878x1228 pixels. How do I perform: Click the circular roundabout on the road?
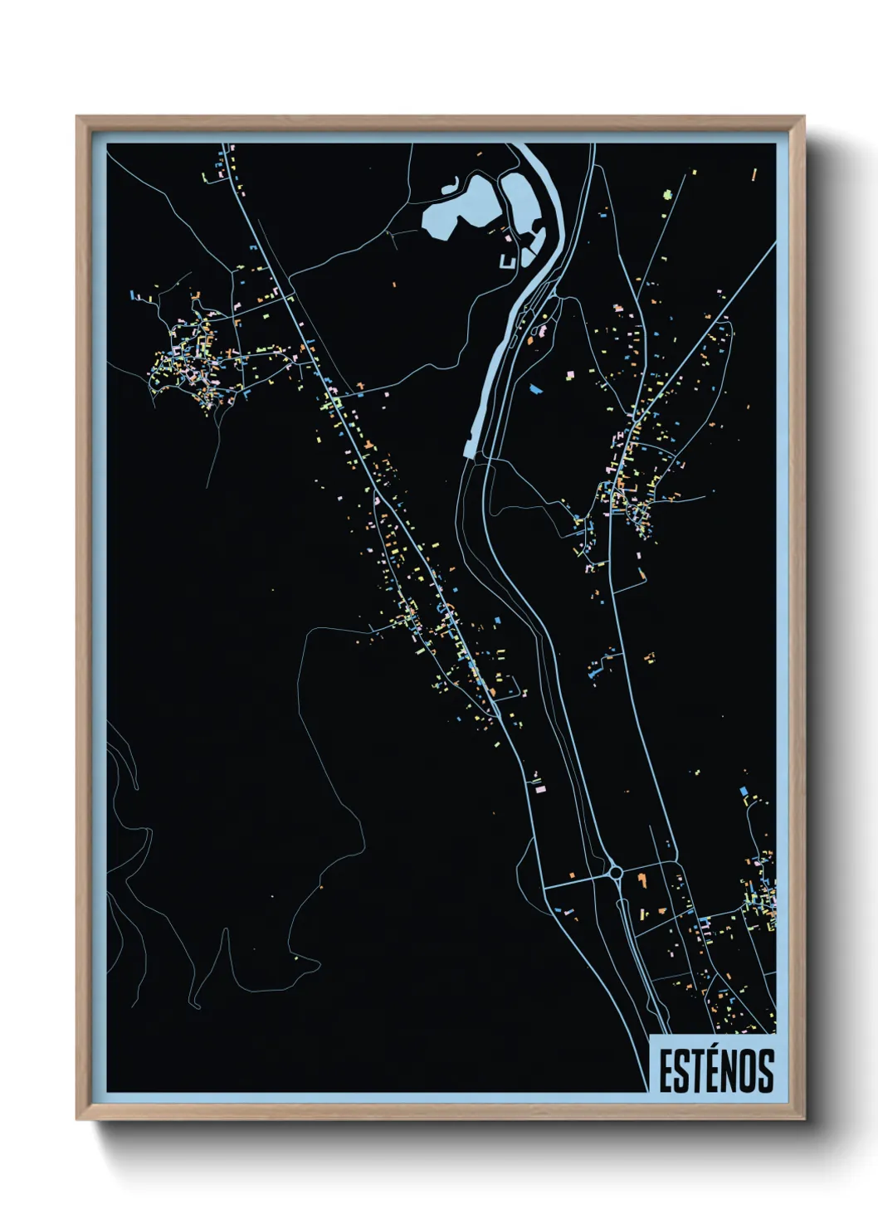tap(615, 872)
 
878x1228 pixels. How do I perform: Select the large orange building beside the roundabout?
tap(640, 876)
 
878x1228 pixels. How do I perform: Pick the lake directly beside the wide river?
tap(522, 203)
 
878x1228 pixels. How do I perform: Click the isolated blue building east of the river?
tap(534, 387)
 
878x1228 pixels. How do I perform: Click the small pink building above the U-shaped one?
tap(508, 237)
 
